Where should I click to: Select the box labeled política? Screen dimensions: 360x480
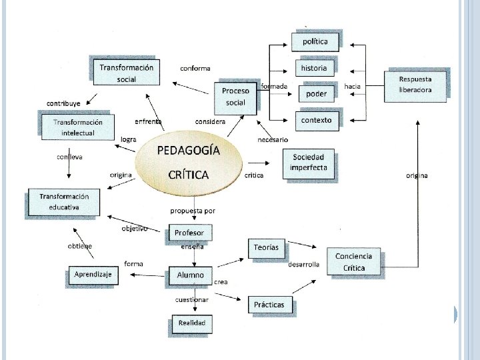315,41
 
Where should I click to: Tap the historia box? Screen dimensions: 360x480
314,68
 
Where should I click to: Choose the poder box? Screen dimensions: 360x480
316,94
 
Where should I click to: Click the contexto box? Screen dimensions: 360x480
316,120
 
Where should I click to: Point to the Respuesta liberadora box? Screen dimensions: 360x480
415,85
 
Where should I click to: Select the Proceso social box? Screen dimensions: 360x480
235,97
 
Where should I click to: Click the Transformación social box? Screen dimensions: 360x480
126,73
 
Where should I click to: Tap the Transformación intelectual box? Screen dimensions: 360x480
78,127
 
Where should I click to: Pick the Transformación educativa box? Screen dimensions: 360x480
64,202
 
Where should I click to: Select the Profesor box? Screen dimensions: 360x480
189,233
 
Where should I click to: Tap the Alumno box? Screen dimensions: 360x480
190,275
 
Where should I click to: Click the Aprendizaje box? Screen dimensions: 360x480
93,275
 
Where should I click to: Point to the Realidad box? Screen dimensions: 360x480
191,323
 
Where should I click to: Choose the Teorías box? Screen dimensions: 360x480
267,248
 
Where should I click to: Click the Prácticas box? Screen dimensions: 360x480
269,305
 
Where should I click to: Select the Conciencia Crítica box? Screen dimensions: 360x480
354,262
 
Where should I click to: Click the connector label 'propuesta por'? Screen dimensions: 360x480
193,211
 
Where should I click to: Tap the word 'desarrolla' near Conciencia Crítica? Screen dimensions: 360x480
303,265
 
